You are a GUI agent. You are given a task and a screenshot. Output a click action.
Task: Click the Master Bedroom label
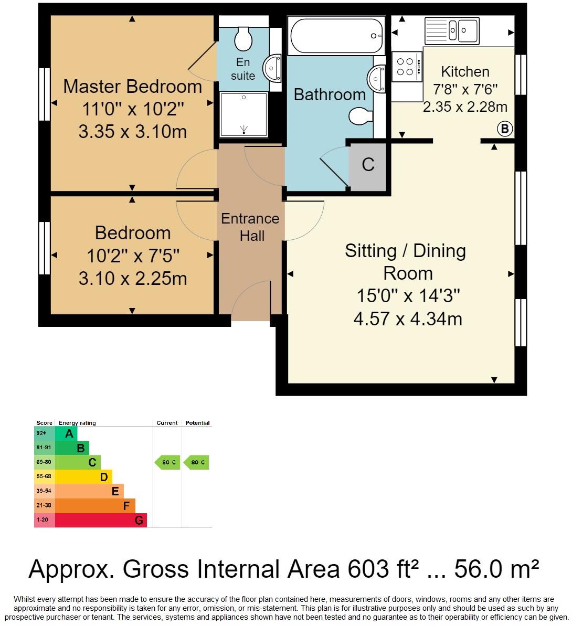click(132, 87)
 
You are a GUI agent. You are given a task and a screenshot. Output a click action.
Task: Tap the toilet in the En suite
click(243, 37)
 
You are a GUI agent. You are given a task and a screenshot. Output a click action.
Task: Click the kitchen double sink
click(451, 30)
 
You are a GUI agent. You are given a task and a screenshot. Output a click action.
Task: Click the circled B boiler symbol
click(504, 129)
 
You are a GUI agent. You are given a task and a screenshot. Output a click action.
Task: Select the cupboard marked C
click(368, 165)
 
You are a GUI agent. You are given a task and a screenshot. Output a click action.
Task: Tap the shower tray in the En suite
click(243, 114)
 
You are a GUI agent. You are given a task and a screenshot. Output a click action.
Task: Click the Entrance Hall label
click(250, 227)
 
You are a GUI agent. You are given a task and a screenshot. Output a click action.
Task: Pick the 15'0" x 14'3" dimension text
click(408, 296)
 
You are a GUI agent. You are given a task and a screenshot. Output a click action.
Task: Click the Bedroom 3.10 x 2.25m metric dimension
click(132, 279)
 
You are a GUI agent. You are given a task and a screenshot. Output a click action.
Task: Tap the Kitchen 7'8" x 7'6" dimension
click(465, 90)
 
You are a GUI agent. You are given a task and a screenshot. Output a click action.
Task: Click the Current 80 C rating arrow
click(167, 462)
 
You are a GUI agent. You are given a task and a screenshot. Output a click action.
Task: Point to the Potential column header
click(197, 423)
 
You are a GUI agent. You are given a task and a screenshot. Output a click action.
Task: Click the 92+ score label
click(41, 433)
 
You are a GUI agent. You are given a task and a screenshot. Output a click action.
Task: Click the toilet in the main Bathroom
click(361, 116)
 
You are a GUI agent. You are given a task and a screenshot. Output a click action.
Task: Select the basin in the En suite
click(273, 68)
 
